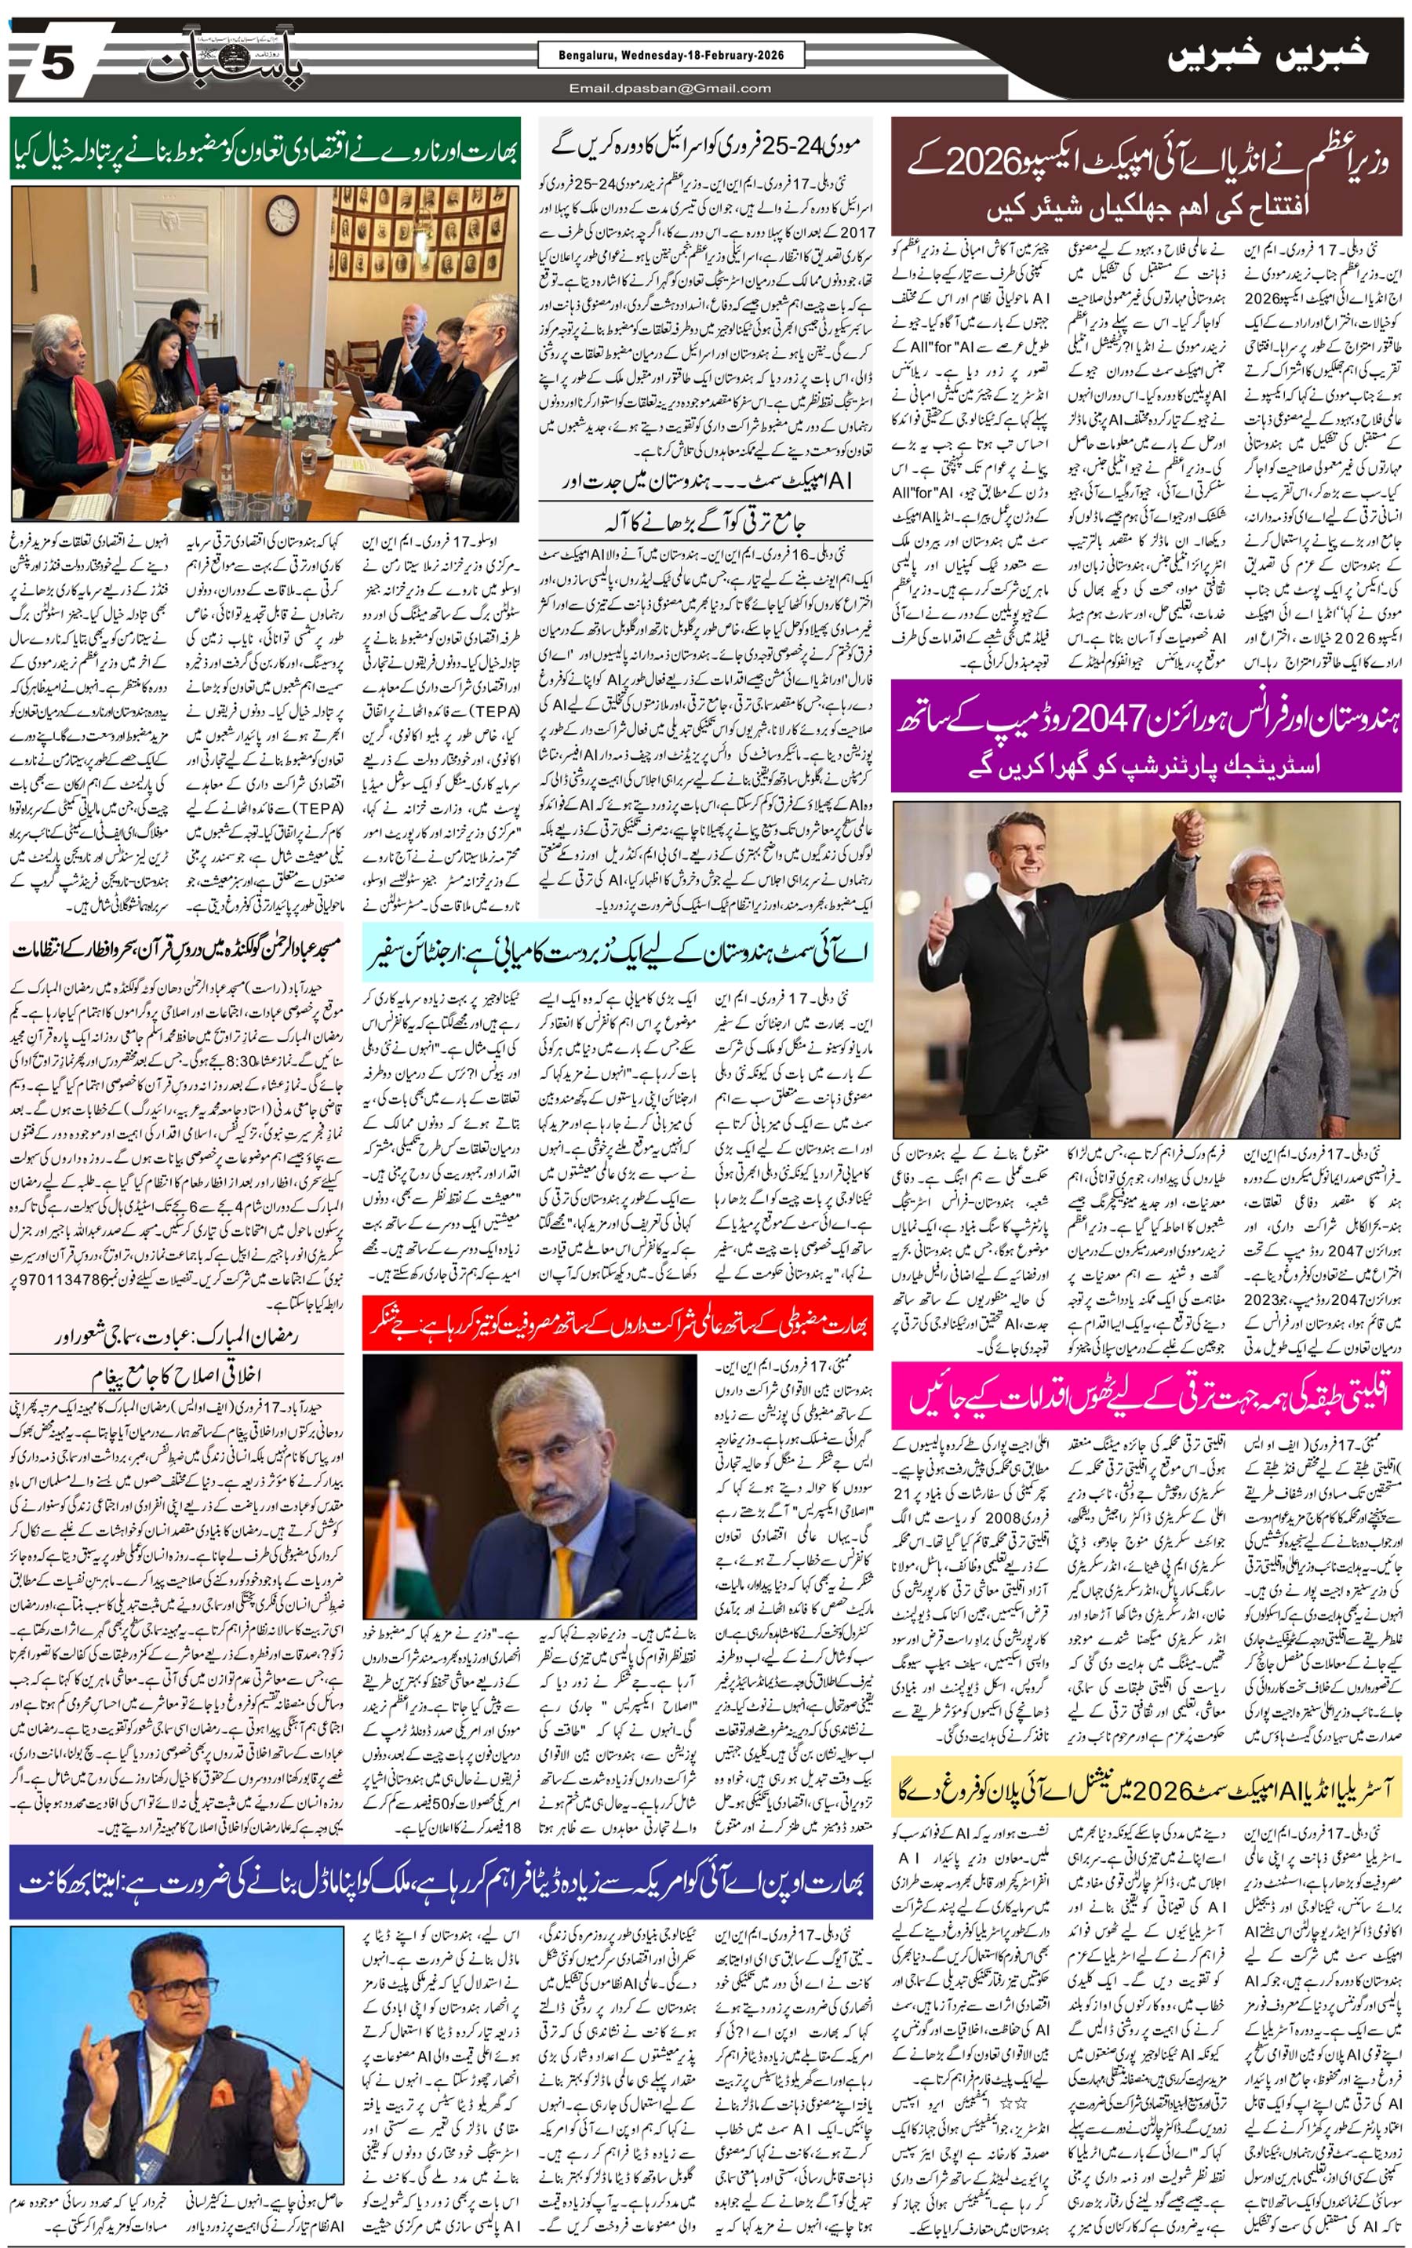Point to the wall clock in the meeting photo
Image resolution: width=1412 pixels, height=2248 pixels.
click(x=282, y=218)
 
